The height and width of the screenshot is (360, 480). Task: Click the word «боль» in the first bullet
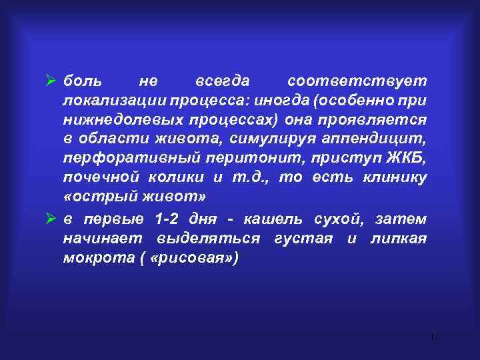point(83,81)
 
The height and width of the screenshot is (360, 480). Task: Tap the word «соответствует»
point(357,81)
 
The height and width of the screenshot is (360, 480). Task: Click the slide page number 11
point(435,336)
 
